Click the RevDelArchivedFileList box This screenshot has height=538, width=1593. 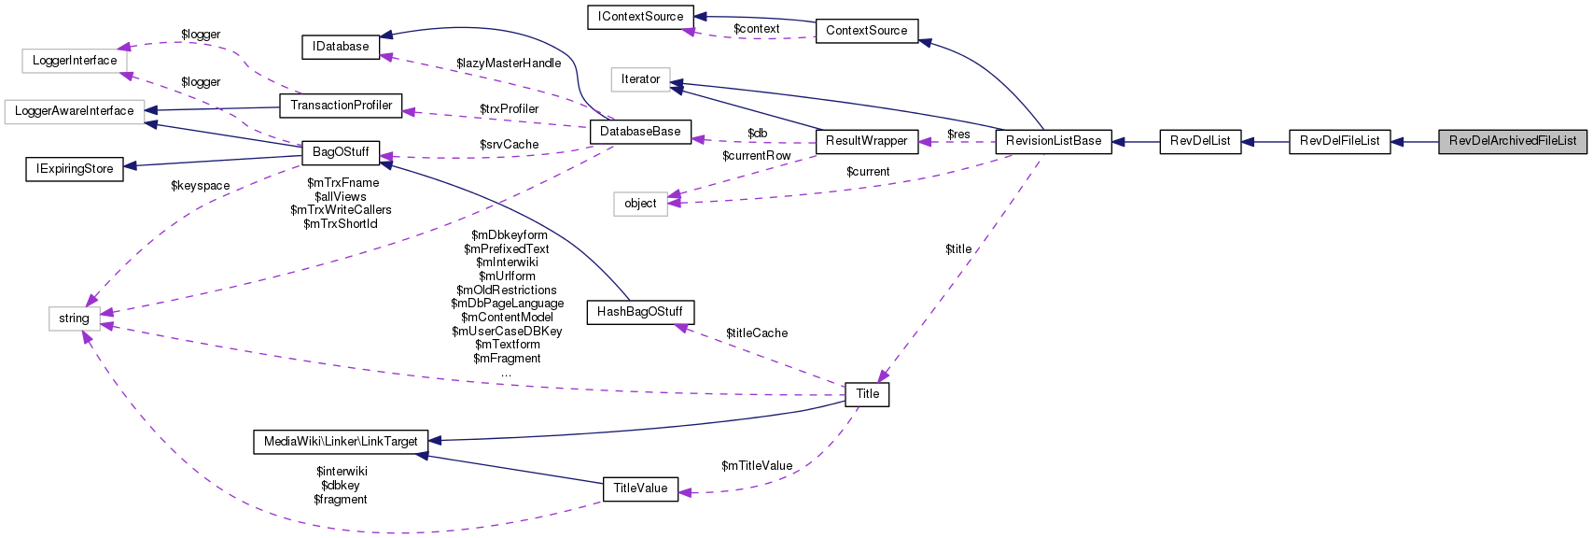pos(1512,141)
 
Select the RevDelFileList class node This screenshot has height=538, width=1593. pos(1339,141)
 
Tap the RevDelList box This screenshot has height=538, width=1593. pos(1200,141)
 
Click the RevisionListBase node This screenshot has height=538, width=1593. pos(1054,141)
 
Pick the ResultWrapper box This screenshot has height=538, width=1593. pos(866,141)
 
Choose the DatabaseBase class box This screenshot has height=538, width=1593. pos(640,132)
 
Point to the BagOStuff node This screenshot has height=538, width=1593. pos(341,151)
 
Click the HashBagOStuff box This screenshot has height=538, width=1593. pos(639,311)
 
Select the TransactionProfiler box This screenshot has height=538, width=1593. pos(341,106)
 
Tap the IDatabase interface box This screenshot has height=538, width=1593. pos(341,47)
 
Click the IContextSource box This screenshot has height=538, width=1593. pos(640,17)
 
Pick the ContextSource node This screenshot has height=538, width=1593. pos(866,31)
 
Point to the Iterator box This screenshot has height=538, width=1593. pos(640,79)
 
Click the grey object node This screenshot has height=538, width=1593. pos(640,204)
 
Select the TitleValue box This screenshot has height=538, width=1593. pos(640,488)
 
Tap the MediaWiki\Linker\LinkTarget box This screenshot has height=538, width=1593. pos(341,442)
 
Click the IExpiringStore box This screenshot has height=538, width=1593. pos(75,169)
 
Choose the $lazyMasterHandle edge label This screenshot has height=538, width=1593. pos(509,64)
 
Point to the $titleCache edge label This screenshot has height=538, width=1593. pos(757,333)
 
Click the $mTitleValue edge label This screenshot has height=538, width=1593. pos(757,466)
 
